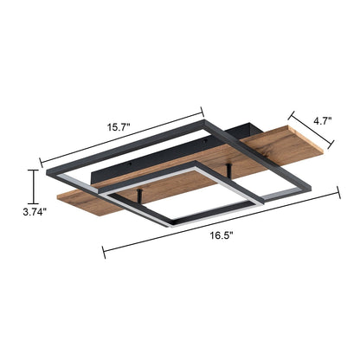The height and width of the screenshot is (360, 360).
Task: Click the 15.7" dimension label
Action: pyautogui.click(x=119, y=127)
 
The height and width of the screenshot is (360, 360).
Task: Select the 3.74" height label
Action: pyautogui.click(x=34, y=209)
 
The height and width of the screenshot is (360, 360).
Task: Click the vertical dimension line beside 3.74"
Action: pyautogui.click(x=34, y=183)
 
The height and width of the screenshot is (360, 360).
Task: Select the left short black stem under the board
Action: pyautogui.click(x=140, y=200)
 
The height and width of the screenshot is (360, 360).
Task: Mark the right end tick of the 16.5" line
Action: pyautogui.click(x=341, y=193)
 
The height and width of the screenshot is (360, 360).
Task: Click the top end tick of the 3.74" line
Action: pyautogui.click(x=34, y=170)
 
